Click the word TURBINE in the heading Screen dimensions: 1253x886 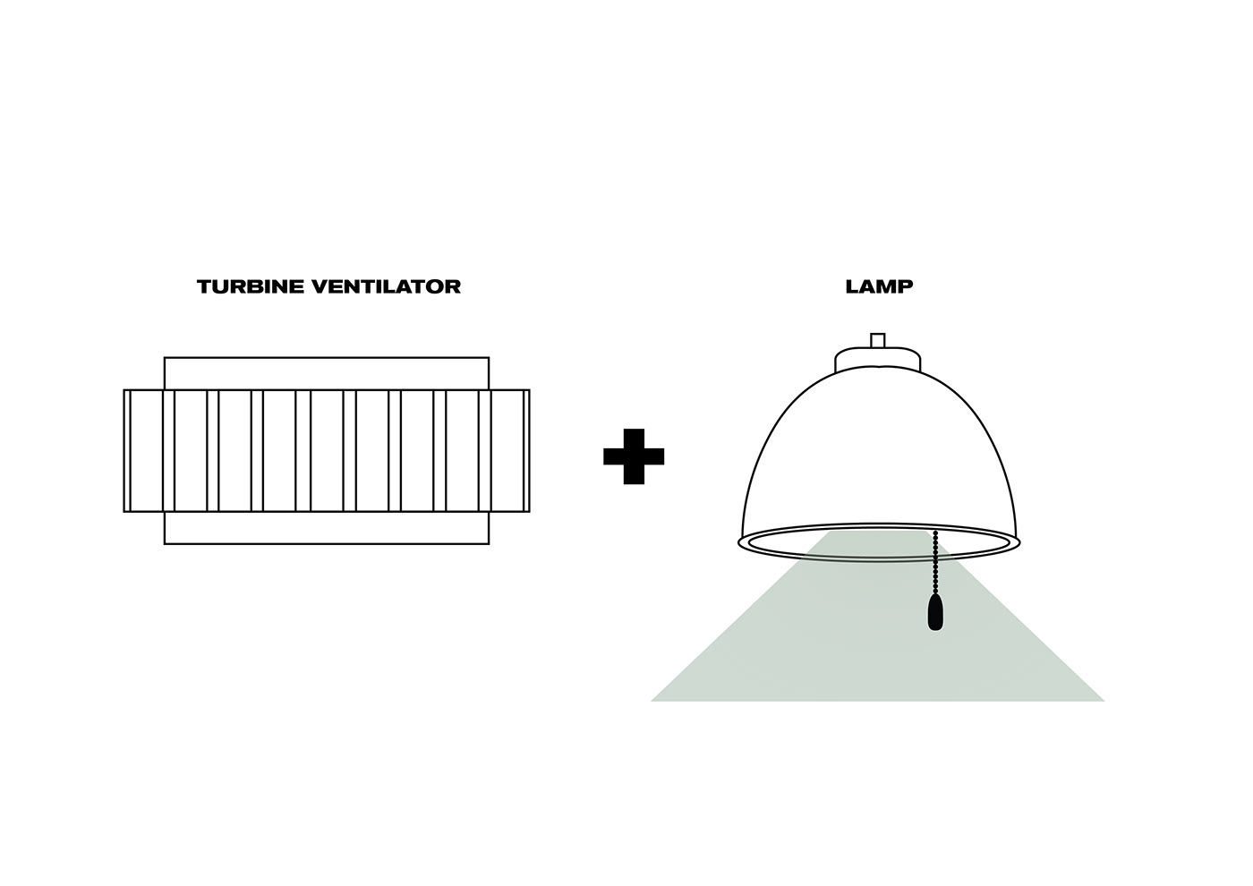point(251,287)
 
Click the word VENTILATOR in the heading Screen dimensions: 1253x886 point(387,287)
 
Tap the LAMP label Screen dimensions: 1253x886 point(879,287)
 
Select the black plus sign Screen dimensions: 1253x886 point(634,456)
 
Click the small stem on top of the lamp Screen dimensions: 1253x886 point(878,340)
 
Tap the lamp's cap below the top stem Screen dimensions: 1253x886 point(878,359)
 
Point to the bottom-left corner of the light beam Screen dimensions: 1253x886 point(651,701)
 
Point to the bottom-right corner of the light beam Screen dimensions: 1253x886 point(1104,701)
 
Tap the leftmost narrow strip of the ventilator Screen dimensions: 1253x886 point(127,450)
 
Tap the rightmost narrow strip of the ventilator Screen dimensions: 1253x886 point(526,450)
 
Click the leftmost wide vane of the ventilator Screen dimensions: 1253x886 point(147,450)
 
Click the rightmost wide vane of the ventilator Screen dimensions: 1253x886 point(507,450)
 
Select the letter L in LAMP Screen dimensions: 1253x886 point(852,287)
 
